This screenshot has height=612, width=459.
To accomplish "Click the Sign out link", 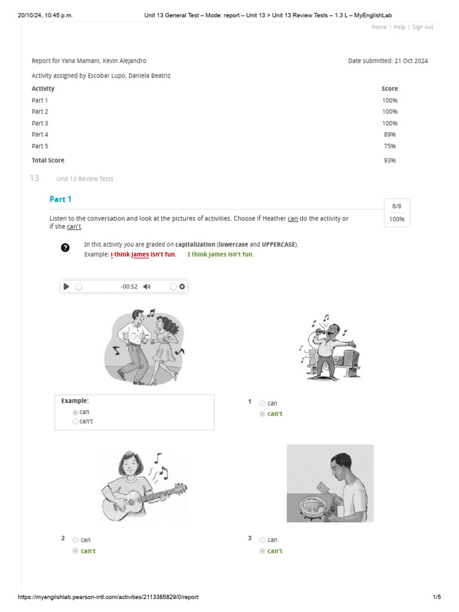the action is click(x=423, y=27).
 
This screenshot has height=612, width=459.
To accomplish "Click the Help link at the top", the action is click(x=399, y=27).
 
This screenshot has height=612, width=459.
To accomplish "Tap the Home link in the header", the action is click(x=379, y=27).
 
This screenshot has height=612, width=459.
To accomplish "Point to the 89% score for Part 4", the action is click(x=390, y=134).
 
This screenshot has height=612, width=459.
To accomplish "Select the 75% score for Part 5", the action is click(x=390, y=146).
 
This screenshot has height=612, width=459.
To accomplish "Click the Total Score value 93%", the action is click(x=390, y=160).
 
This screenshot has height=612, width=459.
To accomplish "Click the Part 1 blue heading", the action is click(x=60, y=199).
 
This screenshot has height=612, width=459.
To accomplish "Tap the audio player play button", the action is click(x=66, y=286).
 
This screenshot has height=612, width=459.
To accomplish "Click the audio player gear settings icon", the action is click(x=182, y=286).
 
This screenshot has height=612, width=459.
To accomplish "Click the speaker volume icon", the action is click(x=147, y=286).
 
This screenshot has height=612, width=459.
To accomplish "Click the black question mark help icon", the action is click(x=65, y=247).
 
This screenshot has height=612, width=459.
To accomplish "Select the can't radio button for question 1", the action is click(x=262, y=414).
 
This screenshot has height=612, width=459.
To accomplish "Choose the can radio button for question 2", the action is click(x=75, y=540).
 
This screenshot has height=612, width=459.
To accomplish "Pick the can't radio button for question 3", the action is click(x=262, y=550).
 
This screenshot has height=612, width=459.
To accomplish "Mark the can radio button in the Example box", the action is click(x=75, y=412).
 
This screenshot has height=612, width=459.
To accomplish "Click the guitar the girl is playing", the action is click(x=137, y=500).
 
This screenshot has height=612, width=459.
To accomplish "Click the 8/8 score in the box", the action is click(x=397, y=206).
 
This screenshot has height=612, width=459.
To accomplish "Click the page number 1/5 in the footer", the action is click(x=437, y=597).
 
